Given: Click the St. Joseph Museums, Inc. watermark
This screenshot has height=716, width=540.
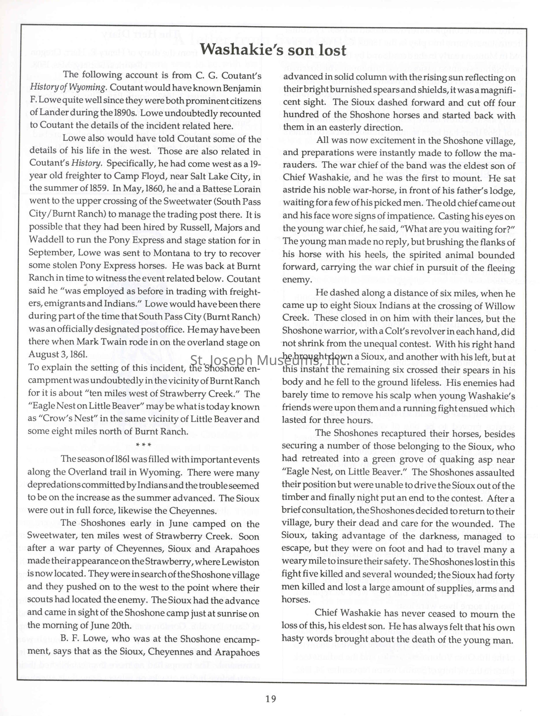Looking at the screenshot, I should tap(270, 360).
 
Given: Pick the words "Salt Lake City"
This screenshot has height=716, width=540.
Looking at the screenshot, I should tap(217, 176).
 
